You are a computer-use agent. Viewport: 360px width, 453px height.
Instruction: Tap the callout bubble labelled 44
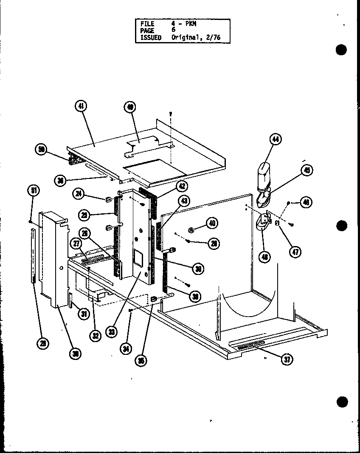[276, 139]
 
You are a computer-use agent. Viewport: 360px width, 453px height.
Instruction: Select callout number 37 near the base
[287, 359]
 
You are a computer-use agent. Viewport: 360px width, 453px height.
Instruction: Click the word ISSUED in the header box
[151, 37]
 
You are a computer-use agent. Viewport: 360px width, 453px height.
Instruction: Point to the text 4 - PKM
[184, 24]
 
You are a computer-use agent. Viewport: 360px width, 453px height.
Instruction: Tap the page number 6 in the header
[173, 30]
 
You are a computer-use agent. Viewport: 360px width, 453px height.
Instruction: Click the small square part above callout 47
[277, 222]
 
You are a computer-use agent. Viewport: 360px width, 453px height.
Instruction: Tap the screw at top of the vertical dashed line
[170, 113]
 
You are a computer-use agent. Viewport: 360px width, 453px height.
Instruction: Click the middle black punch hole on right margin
[341, 226]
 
